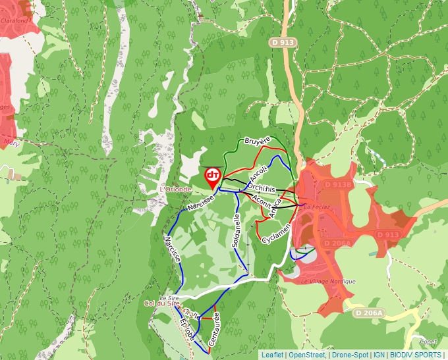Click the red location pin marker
[x=213, y=176]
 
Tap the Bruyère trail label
[x=258, y=141]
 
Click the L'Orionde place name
[x=175, y=190]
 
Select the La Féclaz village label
[x=316, y=206]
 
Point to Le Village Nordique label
[x=327, y=281]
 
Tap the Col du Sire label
[x=161, y=303]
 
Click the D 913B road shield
[x=339, y=186]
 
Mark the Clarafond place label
[x=14, y=20]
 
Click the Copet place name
[x=428, y=342]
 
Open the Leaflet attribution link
[x=272, y=355]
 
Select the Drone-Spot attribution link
[x=350, y=355]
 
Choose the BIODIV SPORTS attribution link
[x=416, y=355]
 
